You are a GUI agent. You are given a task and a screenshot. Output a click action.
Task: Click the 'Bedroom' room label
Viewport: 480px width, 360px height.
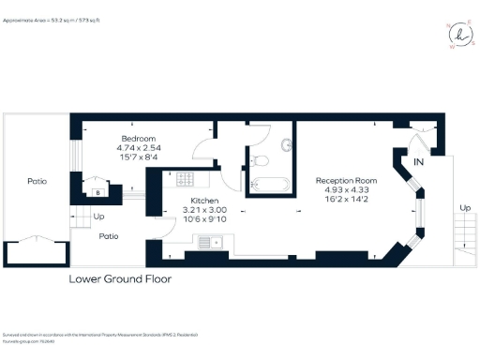[137, 138]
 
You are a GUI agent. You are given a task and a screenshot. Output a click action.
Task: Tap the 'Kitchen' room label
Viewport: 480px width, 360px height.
[205, 202]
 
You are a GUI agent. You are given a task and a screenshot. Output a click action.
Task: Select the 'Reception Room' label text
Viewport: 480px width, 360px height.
[345, 179]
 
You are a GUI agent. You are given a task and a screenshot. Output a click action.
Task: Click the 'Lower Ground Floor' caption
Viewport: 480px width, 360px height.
[120, 279]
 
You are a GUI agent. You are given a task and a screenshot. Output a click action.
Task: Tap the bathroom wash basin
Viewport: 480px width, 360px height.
[255, 158]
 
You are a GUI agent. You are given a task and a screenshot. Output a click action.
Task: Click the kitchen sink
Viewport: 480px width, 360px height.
[208, 243]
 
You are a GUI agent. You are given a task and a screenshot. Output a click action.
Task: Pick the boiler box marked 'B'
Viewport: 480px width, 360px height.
[97, 192]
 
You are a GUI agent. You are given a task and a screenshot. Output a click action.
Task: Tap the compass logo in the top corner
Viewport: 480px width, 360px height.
[458, 32]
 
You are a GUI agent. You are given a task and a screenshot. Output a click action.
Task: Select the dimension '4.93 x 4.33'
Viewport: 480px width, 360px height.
[345, 189]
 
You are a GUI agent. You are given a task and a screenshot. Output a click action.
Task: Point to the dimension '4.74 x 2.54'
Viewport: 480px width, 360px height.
[137, 147]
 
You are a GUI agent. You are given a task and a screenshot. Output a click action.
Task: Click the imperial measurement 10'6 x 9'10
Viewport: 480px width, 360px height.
[205, 220]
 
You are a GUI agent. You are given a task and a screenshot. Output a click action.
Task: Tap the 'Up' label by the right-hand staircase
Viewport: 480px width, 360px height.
[465, 208]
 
